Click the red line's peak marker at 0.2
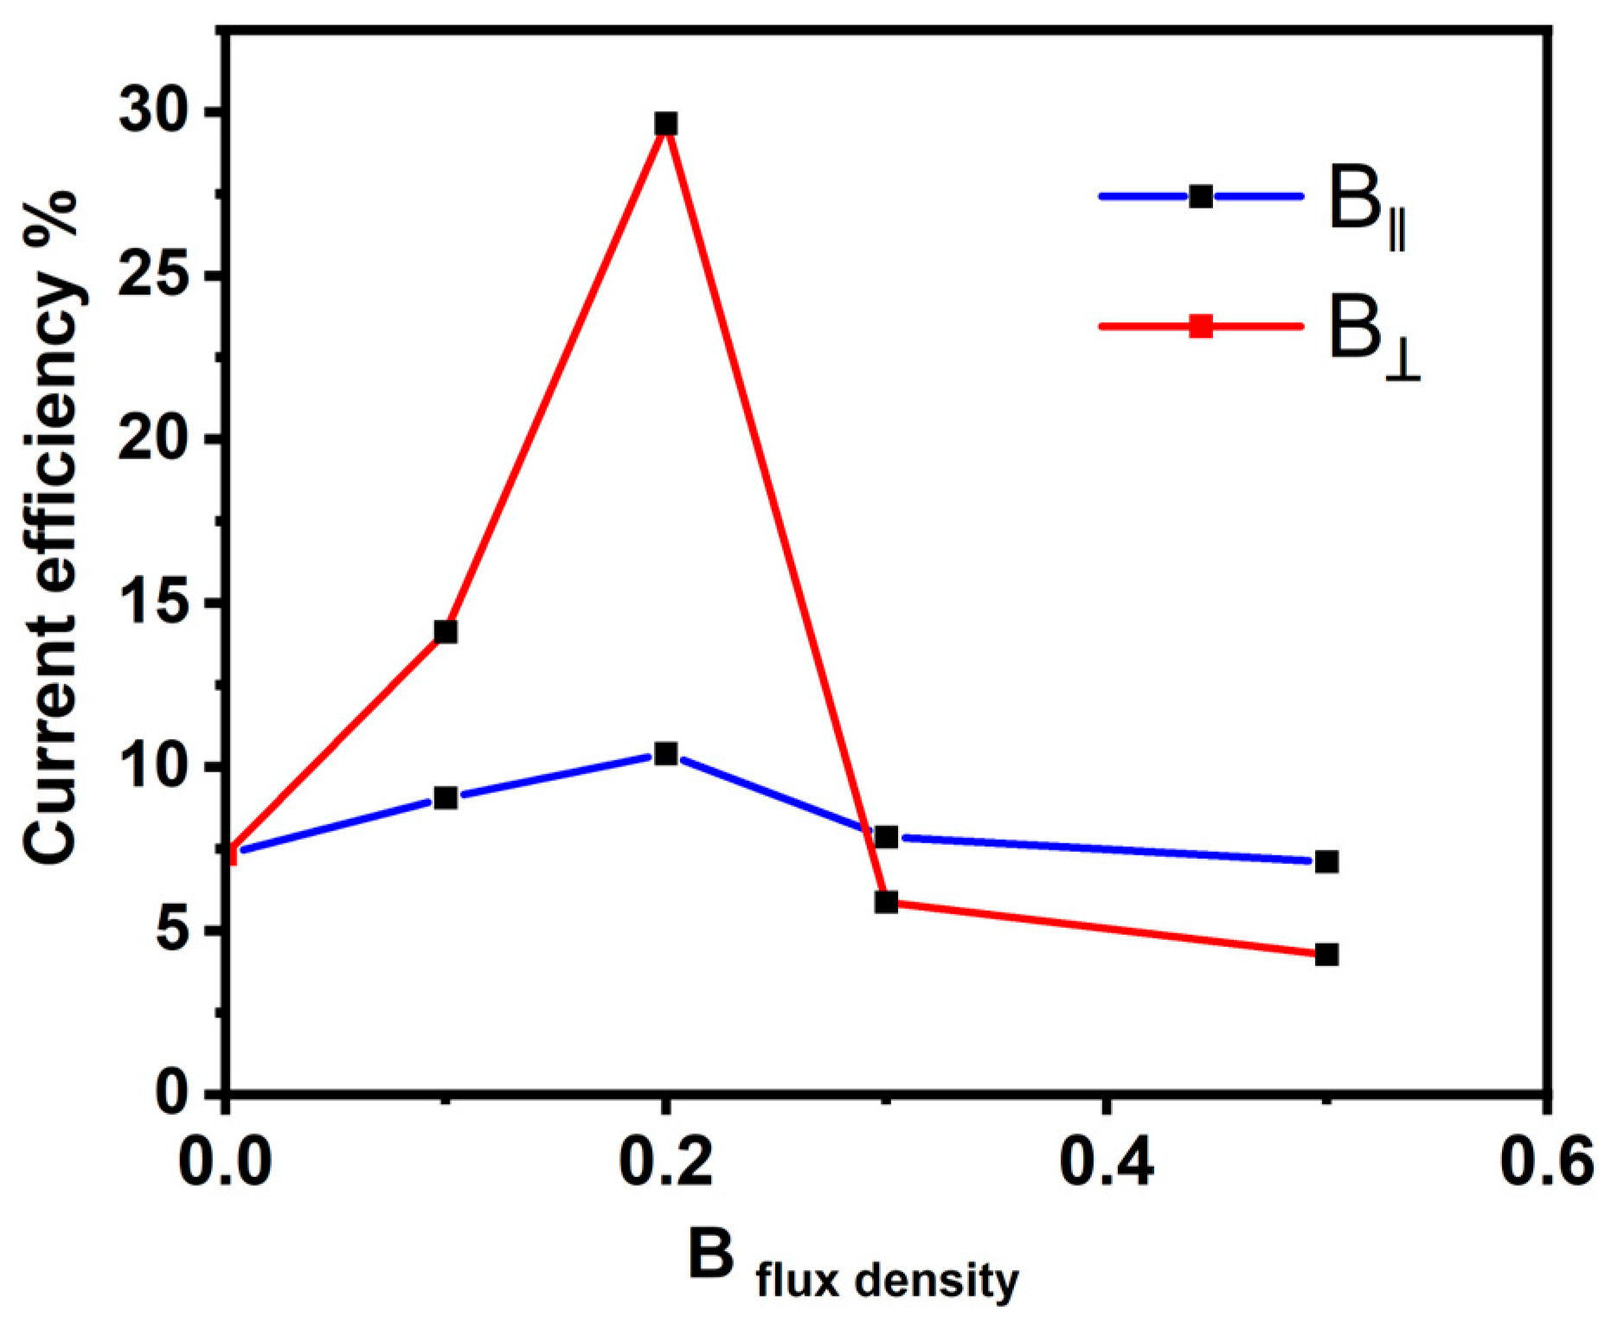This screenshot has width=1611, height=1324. pyautogui.click(x=665, y=124)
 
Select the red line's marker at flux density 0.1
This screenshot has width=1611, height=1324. pyautogui.click(x=446, y=631)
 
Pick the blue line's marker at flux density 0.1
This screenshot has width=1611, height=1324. pyautogui.click(x=446, y=797)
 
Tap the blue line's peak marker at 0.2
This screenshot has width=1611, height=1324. pyautogui.click(x=665, y=754)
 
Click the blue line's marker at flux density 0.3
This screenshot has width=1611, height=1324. pyautogui.click(x=886, y=836)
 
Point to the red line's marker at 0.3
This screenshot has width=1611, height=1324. pyautogui.click(x=886, y=902)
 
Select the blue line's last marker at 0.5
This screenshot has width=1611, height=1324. pyautogui.click(x=1326, y=861)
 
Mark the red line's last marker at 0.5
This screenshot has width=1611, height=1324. pyautogui.click(x=1326, y=955)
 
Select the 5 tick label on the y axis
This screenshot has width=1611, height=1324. pyautogui.click(x=172, y=931)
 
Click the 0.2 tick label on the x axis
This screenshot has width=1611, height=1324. pyautogui.click(x=665, y=1164)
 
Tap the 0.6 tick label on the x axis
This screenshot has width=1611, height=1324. pyautogui.click(x=1546, y=1164)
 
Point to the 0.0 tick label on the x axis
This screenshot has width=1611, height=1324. pyautogui.click(x=225, y=1164)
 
